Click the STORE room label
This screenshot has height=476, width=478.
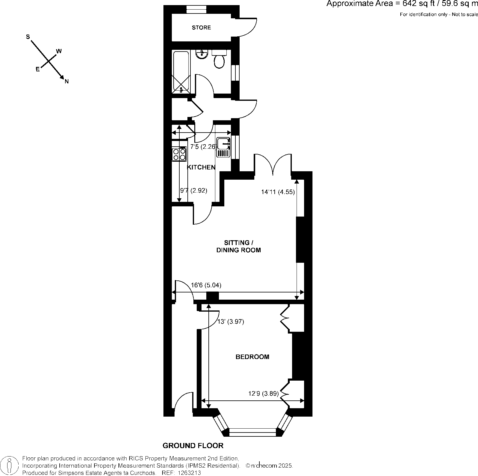(201, 28)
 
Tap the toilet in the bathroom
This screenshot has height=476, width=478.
(219, 60)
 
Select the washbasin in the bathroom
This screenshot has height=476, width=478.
(202, 54)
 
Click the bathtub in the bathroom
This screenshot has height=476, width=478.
(181, 72)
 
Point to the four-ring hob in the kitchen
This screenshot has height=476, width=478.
(179, 154)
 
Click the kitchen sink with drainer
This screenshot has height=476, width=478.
(223, 147)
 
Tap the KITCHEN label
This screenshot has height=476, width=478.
(201, 167)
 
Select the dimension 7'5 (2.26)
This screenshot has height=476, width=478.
(204, 147)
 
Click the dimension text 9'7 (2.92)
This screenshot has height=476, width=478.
(193, 190)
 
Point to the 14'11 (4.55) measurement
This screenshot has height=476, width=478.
(278, 192)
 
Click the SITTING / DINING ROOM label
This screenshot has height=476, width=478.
(238, 246)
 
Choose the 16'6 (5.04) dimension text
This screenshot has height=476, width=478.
(206, 285)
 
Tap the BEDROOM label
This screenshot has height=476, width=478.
(252, 357)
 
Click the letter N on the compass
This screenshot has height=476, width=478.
(67, 81)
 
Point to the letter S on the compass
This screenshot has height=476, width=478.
(28, 37)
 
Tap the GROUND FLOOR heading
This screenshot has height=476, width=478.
(193, 446)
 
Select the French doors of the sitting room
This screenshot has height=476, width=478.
(273, 165)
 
